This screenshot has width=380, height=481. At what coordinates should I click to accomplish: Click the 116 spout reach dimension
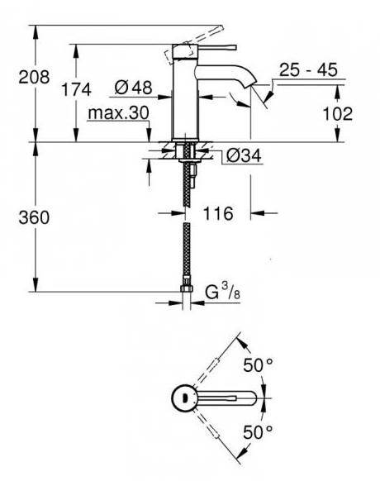(x=217, y=213)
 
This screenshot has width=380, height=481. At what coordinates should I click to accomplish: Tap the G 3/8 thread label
(x=222, y=292)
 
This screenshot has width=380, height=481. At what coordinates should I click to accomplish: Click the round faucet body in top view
(x=183, y=398)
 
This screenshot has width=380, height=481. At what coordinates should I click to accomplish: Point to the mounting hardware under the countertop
(x=188, y=157)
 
